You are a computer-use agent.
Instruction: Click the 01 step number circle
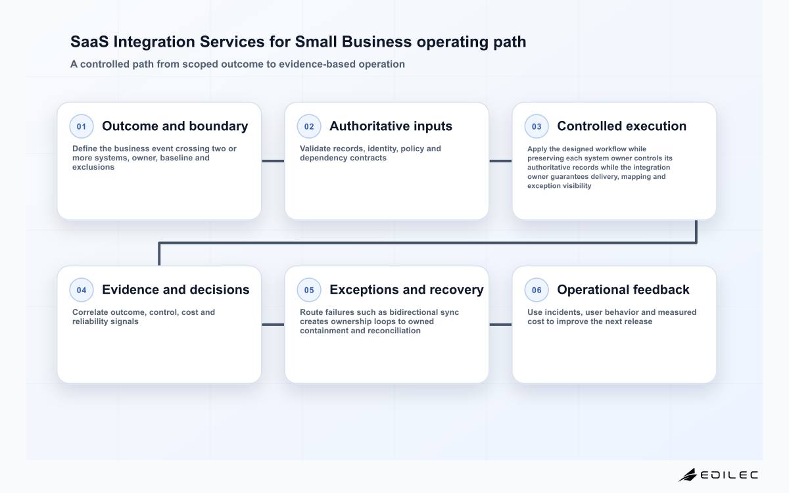click(82, 126)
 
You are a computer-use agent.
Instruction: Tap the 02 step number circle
click(309, 126)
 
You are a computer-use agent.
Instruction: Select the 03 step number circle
click(537, 126)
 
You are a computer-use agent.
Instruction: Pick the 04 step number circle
click(82, 290)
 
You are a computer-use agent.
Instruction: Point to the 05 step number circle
click(309, 290)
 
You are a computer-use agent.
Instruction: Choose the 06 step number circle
click(537, 290)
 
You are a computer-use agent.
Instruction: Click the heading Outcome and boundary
click(175, 126)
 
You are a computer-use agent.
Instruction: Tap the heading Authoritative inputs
click(391, 126)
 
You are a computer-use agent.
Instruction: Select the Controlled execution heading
click(622, 126)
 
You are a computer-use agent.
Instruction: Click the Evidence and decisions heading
click(176, 289)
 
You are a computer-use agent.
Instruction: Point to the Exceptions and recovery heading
click(406, 289)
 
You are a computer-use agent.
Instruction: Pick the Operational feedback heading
click(623, 289)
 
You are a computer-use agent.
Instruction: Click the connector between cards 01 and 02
click(273, 161)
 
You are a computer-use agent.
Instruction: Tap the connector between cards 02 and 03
click(500, 161)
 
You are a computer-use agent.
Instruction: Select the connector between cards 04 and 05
click(273, 324)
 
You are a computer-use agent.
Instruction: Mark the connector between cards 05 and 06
click(500, 324)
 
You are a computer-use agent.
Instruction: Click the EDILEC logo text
click(729, 475)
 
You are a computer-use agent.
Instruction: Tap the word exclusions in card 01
click(93, 167)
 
